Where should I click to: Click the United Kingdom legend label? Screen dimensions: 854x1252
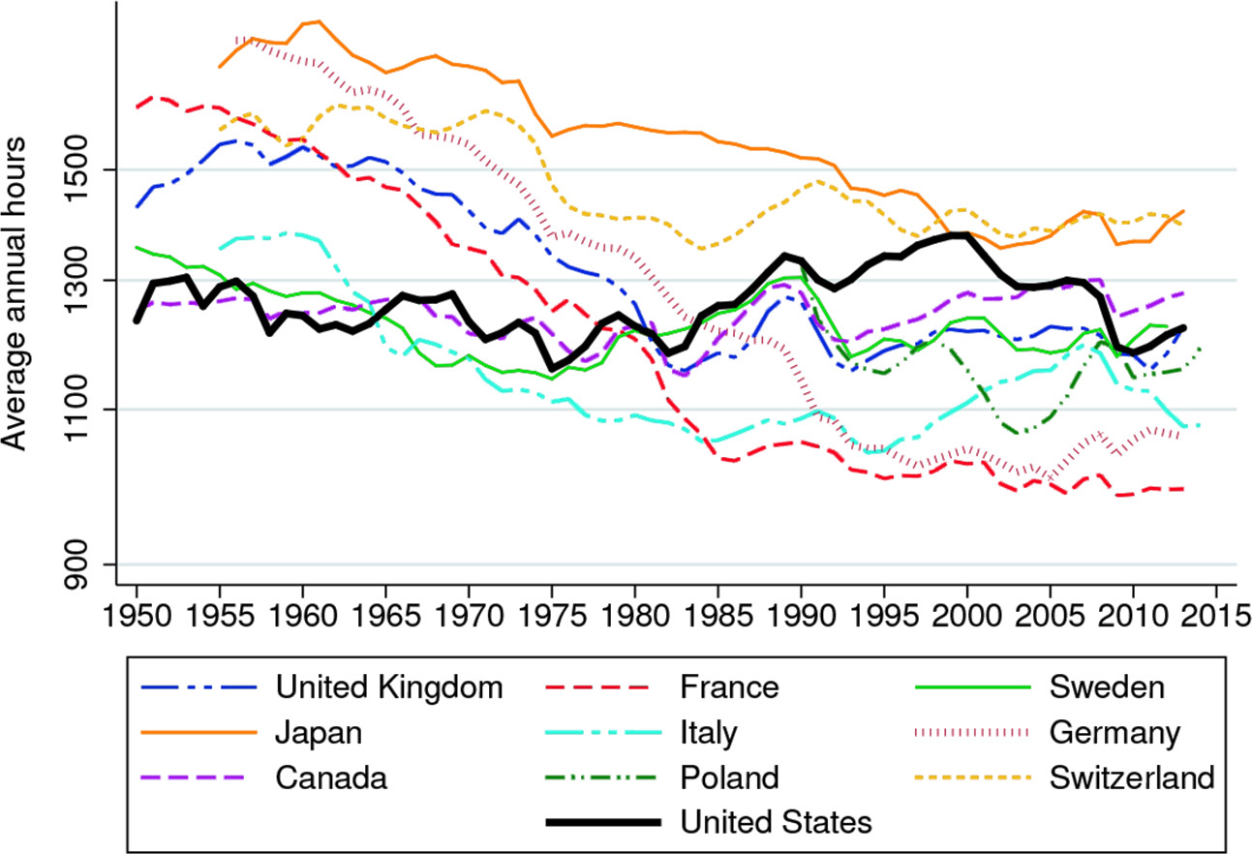[390, 687]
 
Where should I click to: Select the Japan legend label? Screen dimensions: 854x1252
[320, 732]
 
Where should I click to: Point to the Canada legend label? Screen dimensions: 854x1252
[330, 777]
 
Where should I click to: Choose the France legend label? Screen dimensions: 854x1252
[729, 687]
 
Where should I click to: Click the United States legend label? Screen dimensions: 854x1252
[777, 822]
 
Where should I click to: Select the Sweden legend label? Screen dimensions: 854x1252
[1107, 687]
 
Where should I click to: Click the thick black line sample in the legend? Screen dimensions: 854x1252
[602, 822]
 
